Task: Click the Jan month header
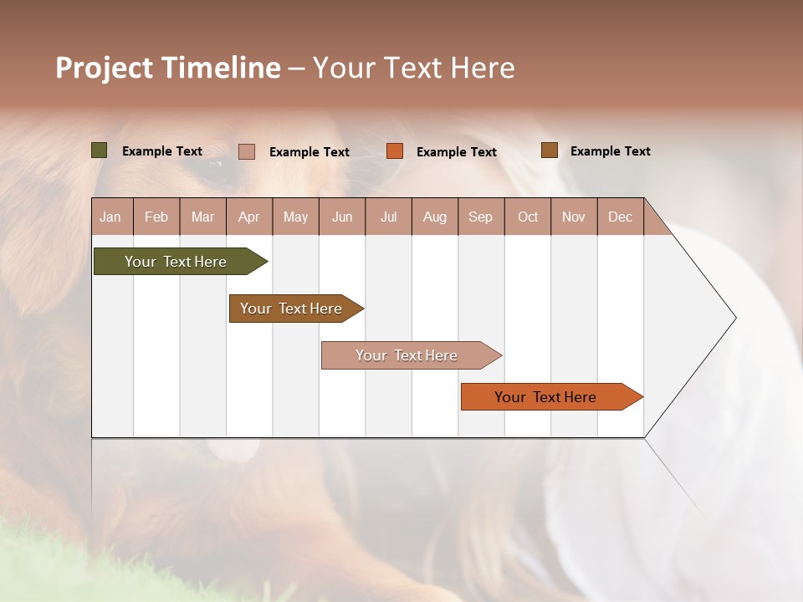[x=110, y=217]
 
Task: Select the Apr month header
[x=249, y=217]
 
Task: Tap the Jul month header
[x=388, y=217]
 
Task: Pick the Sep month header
[x=480, y=217]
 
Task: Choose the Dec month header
[x=620, y=217]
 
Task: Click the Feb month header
[x=156, y=217]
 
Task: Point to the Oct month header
[x=528, y=217]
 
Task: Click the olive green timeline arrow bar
[x=176, y=262]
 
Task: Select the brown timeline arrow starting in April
[x=292, y=309]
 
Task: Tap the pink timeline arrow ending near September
[x=407, y=355]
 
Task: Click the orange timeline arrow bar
[x=546, y=397]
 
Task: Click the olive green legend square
[x=100, y=150]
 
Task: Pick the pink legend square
[x=247, y=151]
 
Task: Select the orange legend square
[x=395, y=151]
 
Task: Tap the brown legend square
[x=549, y=150]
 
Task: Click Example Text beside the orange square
[x=457, y=151]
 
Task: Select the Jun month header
[x=342, y=217]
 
